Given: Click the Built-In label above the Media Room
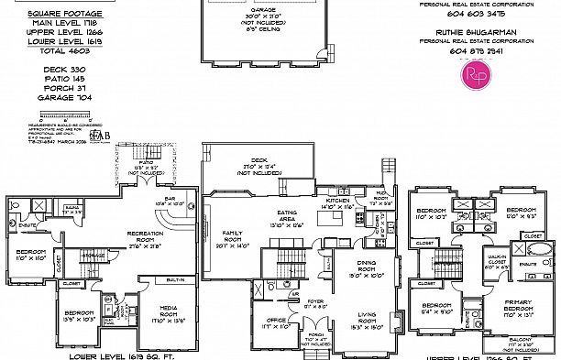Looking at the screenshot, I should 176,279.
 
